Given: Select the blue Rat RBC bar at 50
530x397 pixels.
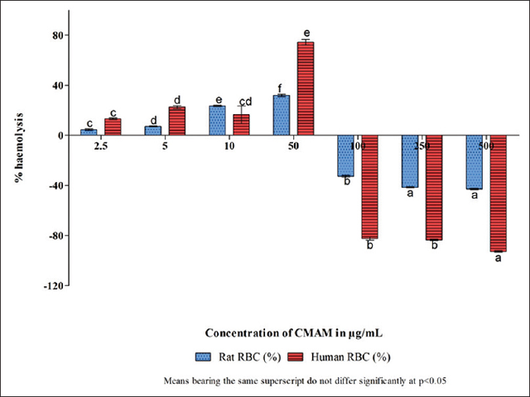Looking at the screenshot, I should [282, 115].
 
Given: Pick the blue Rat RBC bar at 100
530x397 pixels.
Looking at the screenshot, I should [345, 155].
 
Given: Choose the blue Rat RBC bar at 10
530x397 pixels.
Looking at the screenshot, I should [217, 121].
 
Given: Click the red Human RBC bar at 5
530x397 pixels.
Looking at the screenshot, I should [176, 121].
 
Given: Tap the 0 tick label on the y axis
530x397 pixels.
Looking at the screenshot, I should [60, 136].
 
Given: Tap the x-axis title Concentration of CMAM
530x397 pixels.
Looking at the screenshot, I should [293, 332].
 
